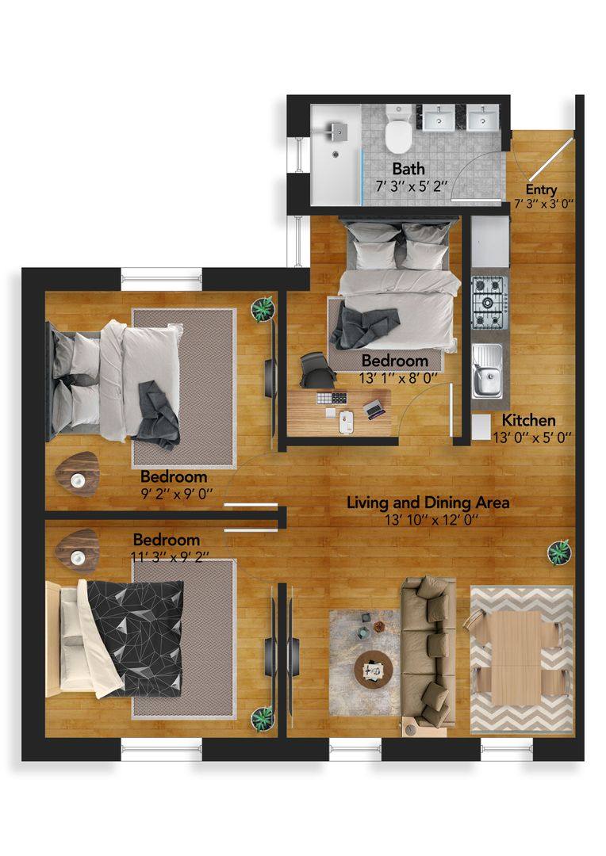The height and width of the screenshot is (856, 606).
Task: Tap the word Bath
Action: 408,169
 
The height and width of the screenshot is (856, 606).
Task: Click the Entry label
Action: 542,190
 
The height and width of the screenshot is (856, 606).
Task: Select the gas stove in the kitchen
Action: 488,302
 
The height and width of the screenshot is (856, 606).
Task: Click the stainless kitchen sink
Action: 485,371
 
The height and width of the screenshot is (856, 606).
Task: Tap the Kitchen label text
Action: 524,421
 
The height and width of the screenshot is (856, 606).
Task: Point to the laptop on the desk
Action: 374,407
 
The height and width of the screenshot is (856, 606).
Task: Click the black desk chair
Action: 317,369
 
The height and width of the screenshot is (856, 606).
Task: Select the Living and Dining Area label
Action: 428,503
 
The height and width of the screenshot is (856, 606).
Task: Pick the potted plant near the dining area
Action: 561,550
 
